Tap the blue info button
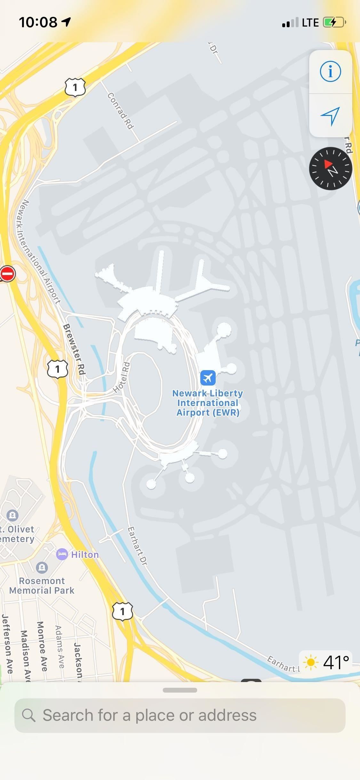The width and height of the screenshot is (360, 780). [330, 71]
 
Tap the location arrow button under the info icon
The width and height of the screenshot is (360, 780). [330, 116]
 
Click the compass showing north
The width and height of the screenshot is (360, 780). [330, 168]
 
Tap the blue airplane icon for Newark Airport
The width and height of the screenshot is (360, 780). [208, 378]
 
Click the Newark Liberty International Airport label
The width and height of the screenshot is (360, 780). [208, 403]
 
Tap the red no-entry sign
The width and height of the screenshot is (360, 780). [7, 274]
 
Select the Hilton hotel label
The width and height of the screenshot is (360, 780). [85, 555]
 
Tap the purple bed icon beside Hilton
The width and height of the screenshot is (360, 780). [62, 554]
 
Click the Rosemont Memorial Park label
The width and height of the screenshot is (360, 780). [42, 586]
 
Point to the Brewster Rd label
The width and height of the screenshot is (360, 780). [75, 349]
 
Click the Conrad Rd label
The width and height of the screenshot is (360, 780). [120, 111]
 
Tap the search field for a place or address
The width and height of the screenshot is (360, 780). [180, 715]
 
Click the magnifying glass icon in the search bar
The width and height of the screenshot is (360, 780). [28, 715]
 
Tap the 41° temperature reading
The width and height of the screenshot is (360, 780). [336, 662]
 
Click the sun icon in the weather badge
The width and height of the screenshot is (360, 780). [310, 662]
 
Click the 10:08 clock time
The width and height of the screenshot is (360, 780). [38, 22]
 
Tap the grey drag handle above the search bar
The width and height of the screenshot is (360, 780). [180, 690]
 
